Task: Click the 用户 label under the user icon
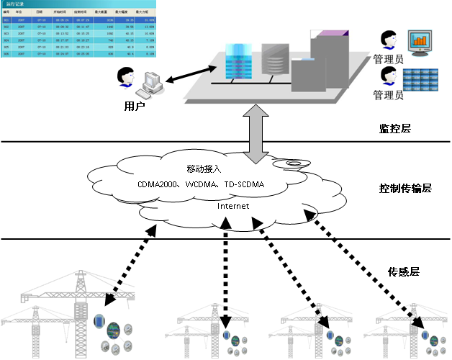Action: tap(135, 106)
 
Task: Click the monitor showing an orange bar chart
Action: tap(420, 44)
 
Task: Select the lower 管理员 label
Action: tap(389, 94)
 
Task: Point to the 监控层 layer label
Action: tap(394, 129)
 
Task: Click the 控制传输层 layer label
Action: tap(404, 188)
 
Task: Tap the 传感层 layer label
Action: tap(404, 271)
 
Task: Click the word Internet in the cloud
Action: tap(232, 206)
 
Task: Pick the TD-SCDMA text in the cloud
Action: tap(245, 185)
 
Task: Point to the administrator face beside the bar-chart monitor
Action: tap(389, 40)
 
